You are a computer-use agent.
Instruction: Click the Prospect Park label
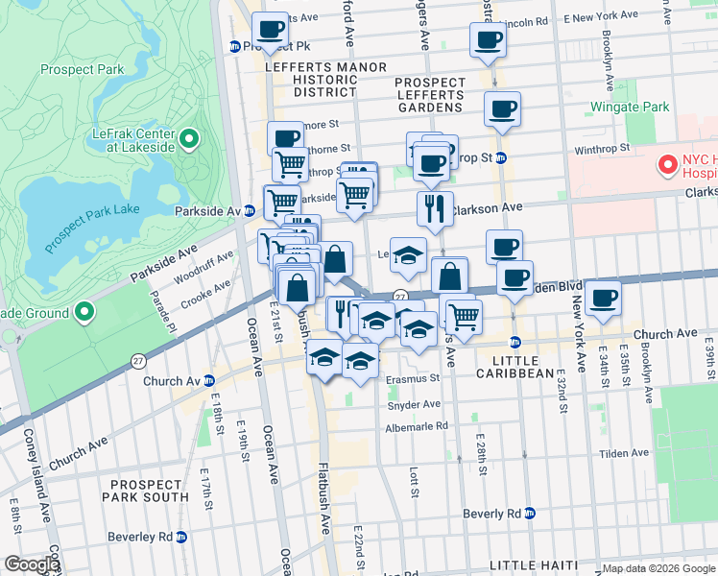point(83,69)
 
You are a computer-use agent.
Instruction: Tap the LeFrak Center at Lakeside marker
point(189,140)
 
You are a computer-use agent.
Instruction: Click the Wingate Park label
point(630,107)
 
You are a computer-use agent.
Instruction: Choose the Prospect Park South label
point(149,491)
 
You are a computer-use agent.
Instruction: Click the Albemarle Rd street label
point(416,426)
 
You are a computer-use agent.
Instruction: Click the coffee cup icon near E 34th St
point(603,298)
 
